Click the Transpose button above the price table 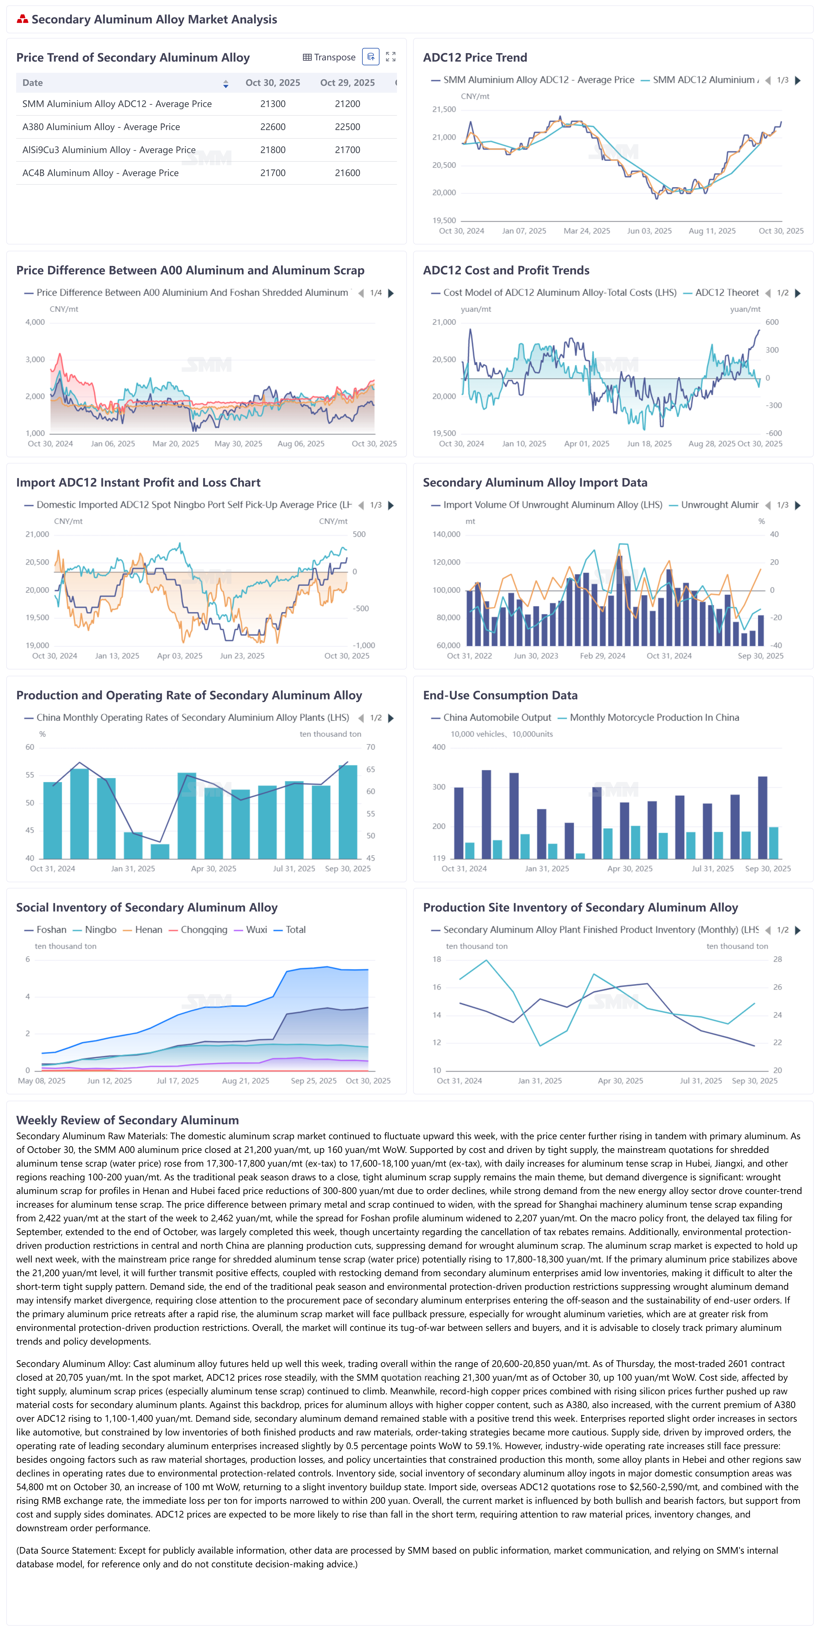click(329, 57)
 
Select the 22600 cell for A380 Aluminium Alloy click(273, 127)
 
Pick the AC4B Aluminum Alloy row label click(100, 173)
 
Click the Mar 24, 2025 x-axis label click(587, 231)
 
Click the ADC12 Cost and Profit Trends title click(506, 270)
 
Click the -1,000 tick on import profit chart click(364, 646)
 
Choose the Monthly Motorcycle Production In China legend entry click(654, 718)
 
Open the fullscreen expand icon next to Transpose click(391, 57)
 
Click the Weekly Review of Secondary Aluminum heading click(127, 1120)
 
